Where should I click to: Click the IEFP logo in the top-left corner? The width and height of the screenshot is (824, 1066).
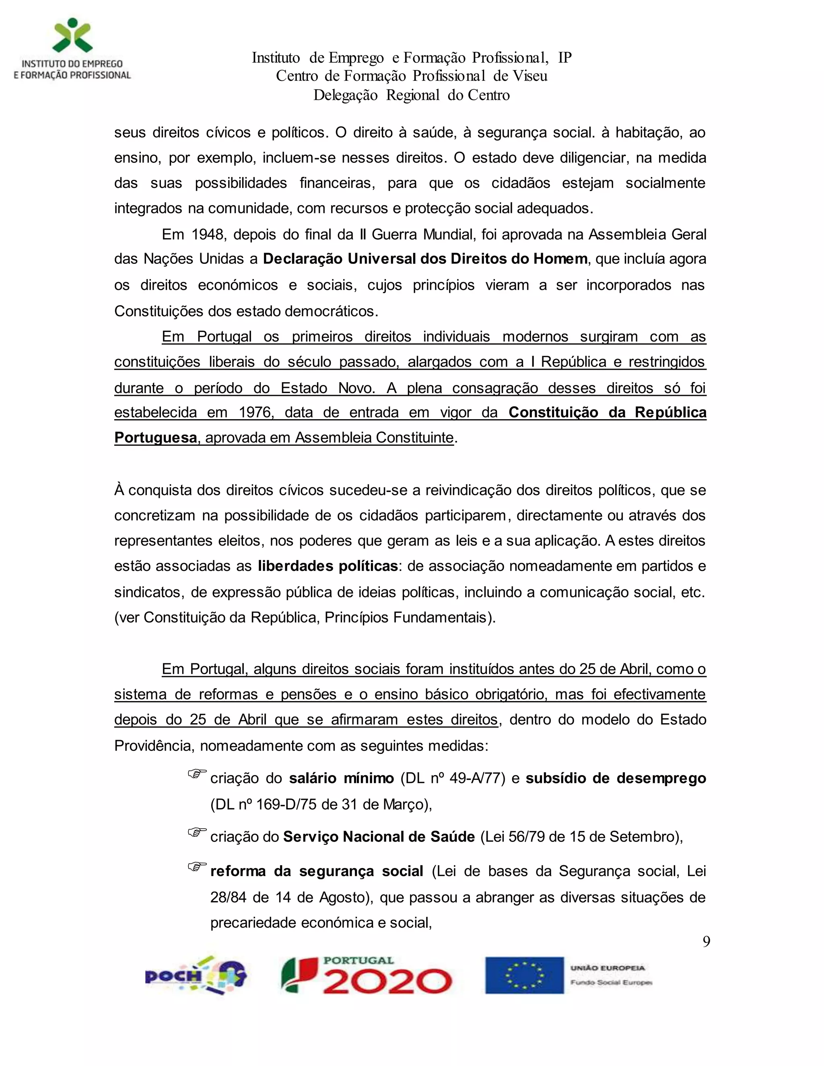(72, 49)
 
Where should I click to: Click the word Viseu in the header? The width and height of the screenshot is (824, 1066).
(529, 76)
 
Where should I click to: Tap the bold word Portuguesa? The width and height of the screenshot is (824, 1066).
(156, 437)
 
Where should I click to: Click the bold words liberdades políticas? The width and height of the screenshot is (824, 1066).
(328, 566)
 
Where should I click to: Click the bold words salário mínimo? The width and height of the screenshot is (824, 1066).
(341, 778)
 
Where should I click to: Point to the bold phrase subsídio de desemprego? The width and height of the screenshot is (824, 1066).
(616, 778)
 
